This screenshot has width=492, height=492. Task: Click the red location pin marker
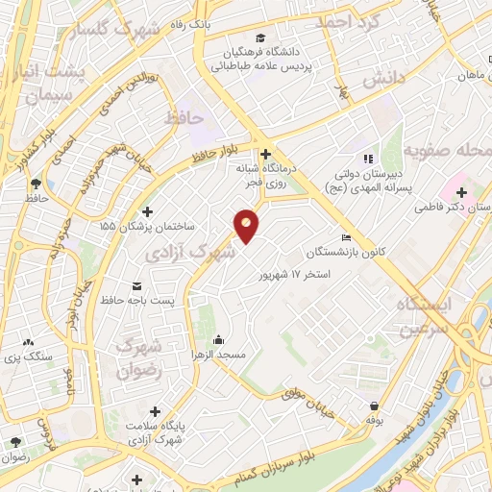coord(247,226)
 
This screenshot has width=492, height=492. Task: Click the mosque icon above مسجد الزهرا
coord(219,339)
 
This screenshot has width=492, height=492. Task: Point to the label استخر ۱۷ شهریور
coord(294,274)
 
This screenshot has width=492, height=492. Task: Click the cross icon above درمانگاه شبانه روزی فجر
coord(265,153)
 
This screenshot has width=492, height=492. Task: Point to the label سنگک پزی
coord(27,357)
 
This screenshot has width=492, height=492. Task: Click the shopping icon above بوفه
coord(373,406)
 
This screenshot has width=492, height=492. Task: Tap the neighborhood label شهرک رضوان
coord(136,357)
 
